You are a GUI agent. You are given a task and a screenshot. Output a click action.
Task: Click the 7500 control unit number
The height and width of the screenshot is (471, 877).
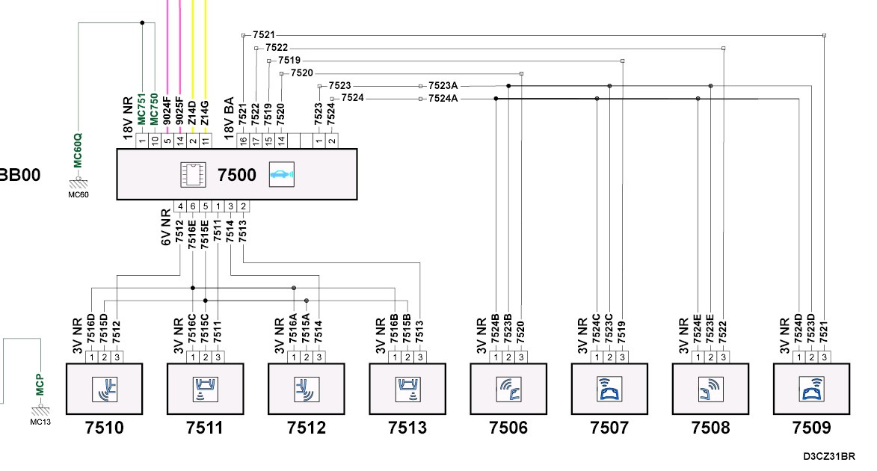[236, 175]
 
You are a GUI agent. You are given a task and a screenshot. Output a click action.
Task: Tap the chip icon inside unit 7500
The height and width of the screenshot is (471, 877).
[194, 174]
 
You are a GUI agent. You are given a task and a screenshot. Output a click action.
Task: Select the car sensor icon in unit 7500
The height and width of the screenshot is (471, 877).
[282, 174]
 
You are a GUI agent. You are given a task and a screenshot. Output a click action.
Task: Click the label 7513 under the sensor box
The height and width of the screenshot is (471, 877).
[407, 428]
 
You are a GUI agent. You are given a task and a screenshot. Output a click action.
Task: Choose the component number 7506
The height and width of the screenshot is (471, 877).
[508, 428]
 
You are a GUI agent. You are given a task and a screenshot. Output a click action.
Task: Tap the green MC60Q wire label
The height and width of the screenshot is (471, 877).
[78, 150]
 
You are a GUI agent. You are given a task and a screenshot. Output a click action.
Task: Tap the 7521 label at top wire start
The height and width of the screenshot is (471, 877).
[263, 35]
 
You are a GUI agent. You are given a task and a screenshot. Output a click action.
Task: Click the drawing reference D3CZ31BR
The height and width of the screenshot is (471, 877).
[829, 455]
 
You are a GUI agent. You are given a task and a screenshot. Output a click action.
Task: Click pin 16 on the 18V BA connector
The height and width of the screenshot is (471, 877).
[242, 140]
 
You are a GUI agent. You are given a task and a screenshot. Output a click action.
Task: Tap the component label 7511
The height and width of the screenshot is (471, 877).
[205, 428]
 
